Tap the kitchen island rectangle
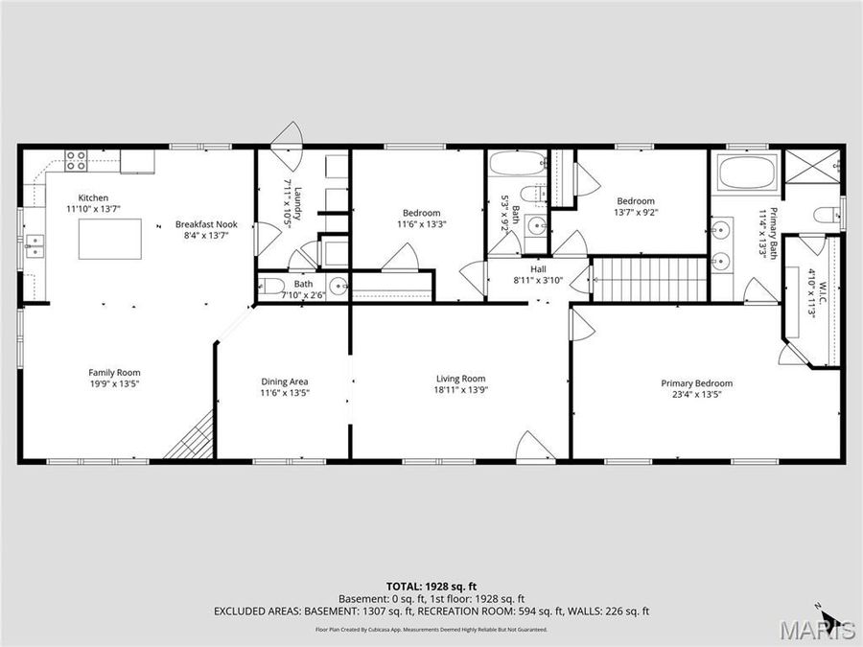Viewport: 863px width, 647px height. [x=108, y=239]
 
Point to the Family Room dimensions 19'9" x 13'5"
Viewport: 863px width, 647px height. [x=114, y=383]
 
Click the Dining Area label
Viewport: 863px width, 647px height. [x=284, y=381]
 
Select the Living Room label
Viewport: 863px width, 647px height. [x=460, y=379]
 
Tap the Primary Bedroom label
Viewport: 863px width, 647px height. [x=696, y=383]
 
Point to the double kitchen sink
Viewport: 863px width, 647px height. [x=35, y=247]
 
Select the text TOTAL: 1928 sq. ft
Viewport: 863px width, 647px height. [x=431, y=585]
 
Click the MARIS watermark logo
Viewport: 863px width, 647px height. [x=818, y=630]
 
